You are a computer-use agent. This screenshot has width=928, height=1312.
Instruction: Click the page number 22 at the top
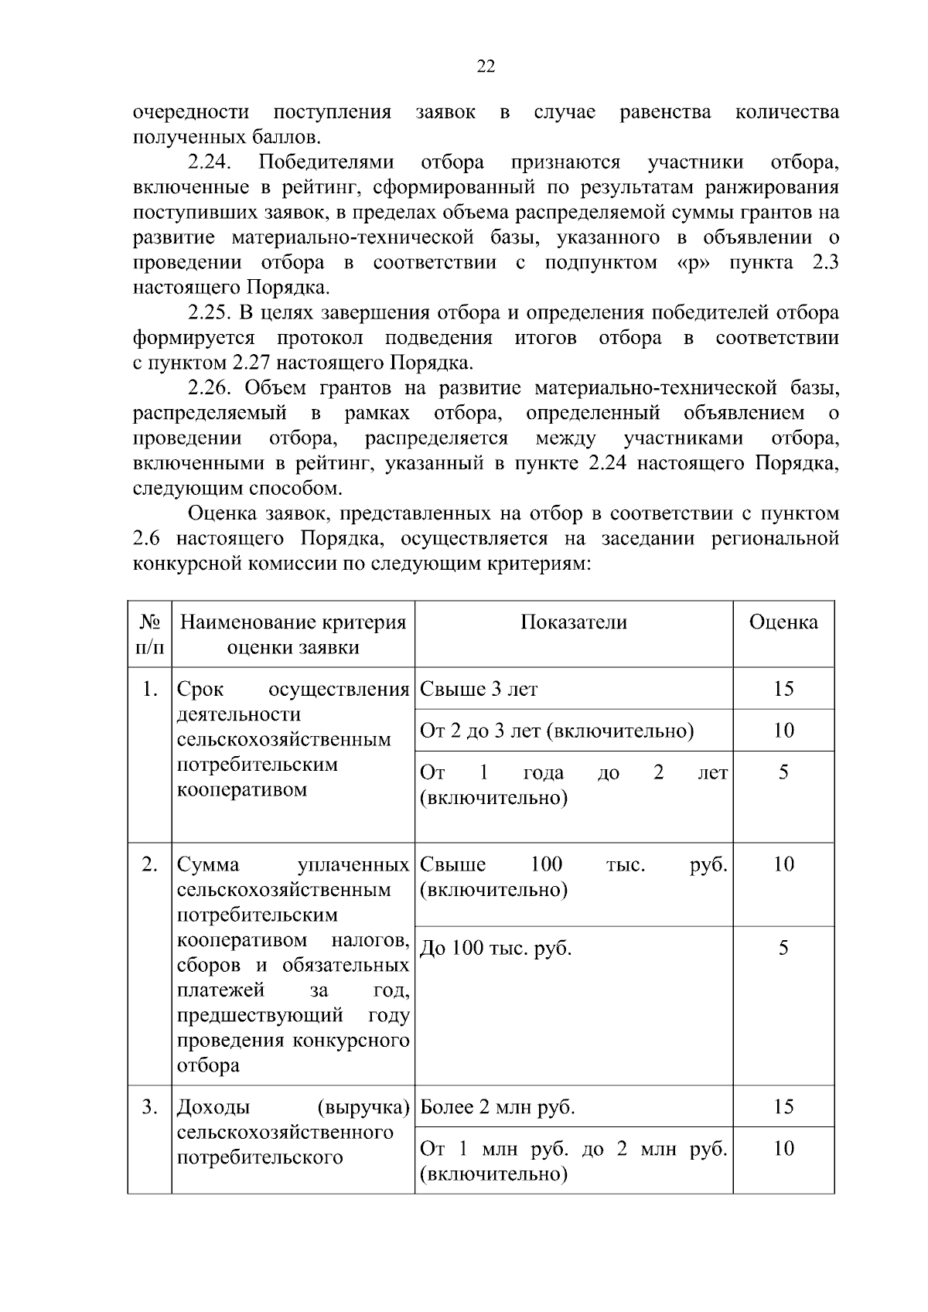click(x=485, y=66)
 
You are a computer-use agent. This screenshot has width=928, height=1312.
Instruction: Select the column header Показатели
click(x=573, y=622)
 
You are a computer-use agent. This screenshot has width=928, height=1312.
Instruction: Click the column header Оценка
click(x=783, y=622)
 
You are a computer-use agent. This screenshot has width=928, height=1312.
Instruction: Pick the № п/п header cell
click(x=150, y=634)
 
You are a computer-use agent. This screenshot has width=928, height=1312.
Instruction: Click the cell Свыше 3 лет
click(x=478, y=689)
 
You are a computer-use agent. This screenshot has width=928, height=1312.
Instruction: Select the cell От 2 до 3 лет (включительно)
click(x=556, y=731)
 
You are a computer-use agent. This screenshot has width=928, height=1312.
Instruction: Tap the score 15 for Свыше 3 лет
click(x=783, y=689)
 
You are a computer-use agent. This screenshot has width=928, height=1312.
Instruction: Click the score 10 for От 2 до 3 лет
click(x=783, y=731)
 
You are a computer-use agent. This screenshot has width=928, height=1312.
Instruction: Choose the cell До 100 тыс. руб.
click(x=495, y=948)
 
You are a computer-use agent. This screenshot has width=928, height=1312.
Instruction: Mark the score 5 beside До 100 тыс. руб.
click(x=783, y=948)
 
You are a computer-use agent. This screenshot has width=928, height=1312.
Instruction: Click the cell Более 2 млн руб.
click(x=496, y=1107)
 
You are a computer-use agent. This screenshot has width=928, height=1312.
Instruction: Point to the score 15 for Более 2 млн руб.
click(x=783, y=1107)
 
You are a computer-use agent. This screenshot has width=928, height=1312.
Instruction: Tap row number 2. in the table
click(x=150, y=864)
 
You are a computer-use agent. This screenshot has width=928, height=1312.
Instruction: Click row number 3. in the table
click(x=150, y=1107)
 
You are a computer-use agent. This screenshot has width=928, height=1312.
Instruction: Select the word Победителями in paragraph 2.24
click(x=326, y=162)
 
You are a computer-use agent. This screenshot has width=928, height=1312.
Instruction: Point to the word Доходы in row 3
click(x=213, y=1107)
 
